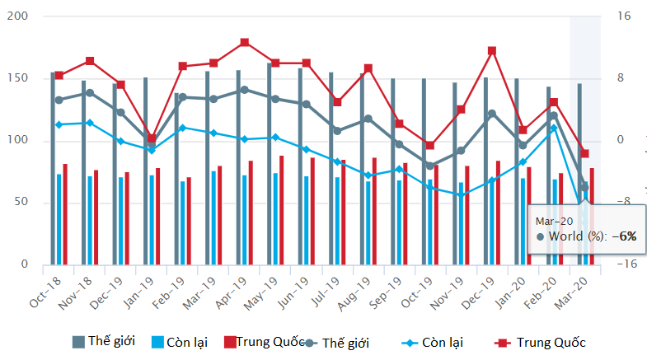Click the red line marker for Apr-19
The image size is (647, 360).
point(245,43)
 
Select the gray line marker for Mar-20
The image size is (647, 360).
point(584,187)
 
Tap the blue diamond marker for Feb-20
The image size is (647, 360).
point(554,128)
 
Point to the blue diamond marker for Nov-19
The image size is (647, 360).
point(461,195)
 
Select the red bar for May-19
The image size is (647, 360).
point(281,210)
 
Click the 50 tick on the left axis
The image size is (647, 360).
point(20,203)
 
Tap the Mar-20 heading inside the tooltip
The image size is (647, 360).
point(555,221)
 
